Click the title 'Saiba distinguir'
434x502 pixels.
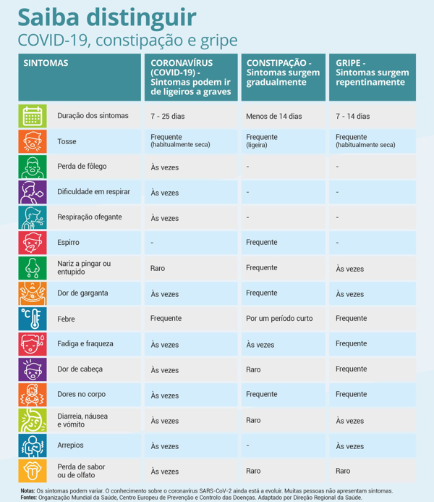point(106,17)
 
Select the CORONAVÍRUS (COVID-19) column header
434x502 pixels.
point(190,78)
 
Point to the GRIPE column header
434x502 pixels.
point(372,72)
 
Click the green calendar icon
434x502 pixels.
point(33,116)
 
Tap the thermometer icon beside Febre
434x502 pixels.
point(33,319)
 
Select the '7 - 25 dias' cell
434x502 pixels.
point(168,116)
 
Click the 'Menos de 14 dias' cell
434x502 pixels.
point(273,116)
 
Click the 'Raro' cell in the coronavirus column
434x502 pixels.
point(158,268)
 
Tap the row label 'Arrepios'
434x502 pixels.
point(71,445)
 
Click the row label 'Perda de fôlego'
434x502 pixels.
point(82,167)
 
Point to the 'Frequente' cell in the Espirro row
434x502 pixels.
point(261,243)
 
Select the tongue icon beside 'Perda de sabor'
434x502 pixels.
point(33,471)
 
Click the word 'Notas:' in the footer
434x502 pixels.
point(27,490)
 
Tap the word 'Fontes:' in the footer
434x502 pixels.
point(29,498)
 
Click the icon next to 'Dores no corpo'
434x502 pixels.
point(33,395)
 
